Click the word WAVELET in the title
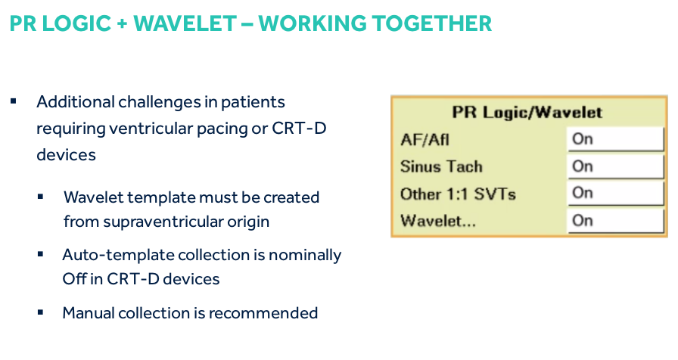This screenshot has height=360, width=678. tap(185, 23)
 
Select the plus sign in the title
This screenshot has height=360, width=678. tap(122, 24)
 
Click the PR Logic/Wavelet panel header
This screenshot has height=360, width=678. tap(527, 113)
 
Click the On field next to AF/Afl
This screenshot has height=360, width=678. tap(615, 139)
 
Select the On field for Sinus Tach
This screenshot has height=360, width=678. tap(615, 166)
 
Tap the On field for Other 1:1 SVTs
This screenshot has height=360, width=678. tap(615, 193)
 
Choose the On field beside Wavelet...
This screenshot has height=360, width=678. tap(615, 221)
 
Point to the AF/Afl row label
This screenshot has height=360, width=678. tap(425, 140)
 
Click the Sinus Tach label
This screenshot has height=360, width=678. tap(441, 167)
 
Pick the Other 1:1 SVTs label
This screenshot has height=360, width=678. tap(458, 194)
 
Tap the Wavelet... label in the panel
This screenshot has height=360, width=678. tap(437, 222)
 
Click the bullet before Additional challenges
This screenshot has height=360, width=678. tap(14, 101)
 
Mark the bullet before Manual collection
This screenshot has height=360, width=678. tap(40, 312)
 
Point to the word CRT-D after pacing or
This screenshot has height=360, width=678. tap(299, 129)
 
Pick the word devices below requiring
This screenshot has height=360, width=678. tap(66, 155)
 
